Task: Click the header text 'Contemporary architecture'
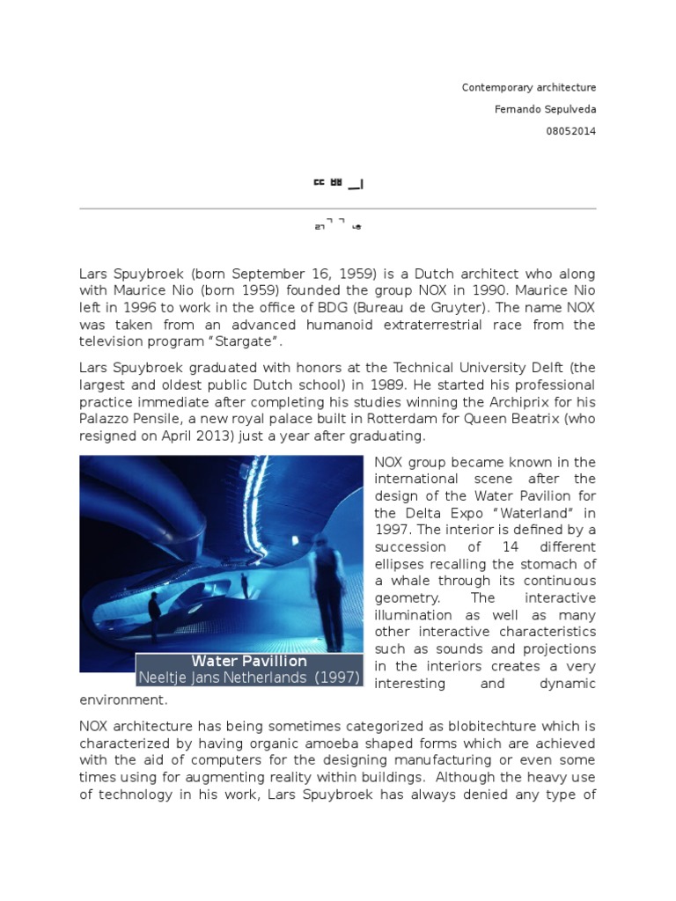coord(529,88)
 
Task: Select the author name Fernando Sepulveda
coord(547,109)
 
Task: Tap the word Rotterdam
coord(346,419)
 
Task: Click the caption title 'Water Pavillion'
coord(249,661)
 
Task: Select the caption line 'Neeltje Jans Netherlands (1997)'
coord(249,678)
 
